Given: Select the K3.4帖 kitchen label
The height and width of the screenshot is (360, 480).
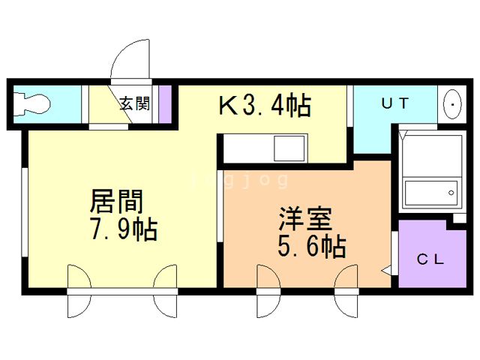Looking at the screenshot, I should tap(265, 106).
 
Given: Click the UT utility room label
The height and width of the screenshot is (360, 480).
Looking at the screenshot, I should tap(394, 104).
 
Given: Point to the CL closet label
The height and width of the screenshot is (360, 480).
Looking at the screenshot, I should tap(430, 260).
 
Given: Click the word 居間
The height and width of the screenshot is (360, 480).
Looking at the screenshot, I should tap(115, 202).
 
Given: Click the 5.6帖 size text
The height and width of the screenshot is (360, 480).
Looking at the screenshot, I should tap(310, 245).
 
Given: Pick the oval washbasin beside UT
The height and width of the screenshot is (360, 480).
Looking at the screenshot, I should tap(453, 105).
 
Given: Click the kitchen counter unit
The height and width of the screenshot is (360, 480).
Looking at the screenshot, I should tap(262, 147).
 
